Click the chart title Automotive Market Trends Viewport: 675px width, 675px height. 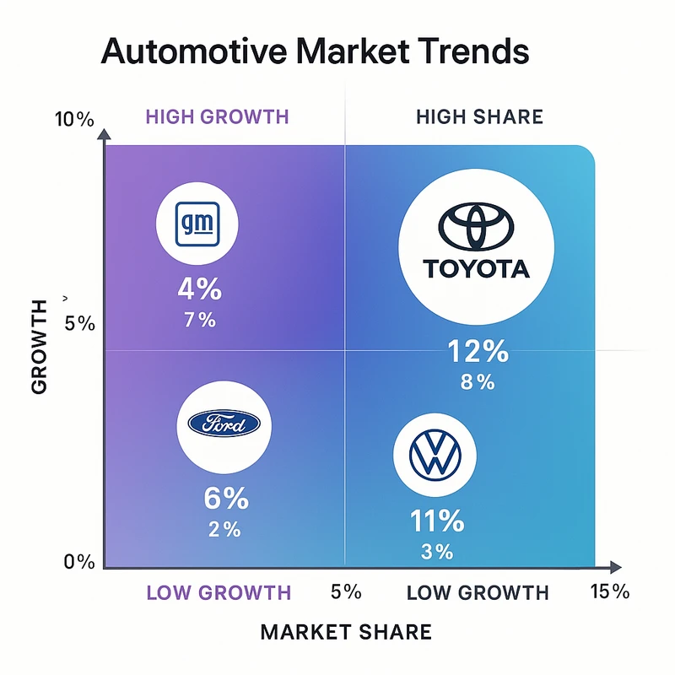click(x=315, y=51)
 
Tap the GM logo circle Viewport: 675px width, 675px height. click(x=199, y=224)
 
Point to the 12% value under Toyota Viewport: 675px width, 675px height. click(x=478, y=350)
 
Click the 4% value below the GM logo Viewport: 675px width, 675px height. click(x=200, y=289)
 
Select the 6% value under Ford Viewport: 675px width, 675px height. click(x=226, y=499)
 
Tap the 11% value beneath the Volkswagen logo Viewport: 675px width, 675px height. click(x=436, y=521)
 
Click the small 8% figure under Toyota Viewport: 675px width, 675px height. click(x=478, y=381)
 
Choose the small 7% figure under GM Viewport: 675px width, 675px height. click(x=200, y=320)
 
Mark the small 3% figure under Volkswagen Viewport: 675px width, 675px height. click(x=437, y=553)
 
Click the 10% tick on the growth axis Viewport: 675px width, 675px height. click(x=74, y=119)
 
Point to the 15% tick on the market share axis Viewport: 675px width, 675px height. click(x=609, y=591)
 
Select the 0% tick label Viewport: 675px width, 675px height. click(x=80, y=562)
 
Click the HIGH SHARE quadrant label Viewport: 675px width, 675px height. click(x=479, y=116)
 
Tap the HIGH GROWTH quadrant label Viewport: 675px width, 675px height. click(x=218, y=116)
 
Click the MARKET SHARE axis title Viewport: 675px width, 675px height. click(x=346, y=632)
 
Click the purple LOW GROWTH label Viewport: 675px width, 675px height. click(x=219, y=592)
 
